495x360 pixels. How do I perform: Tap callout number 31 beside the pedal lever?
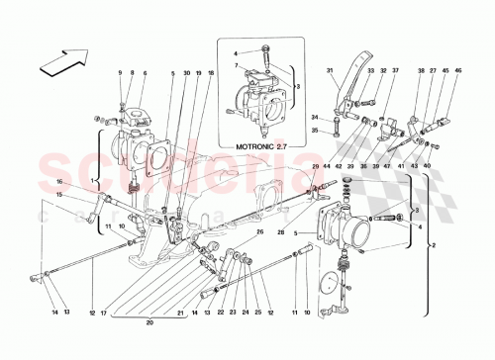pyautogui.click(x=333, y=70)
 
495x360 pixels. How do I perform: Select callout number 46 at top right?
pyautogui.click(x=457, y=70)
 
